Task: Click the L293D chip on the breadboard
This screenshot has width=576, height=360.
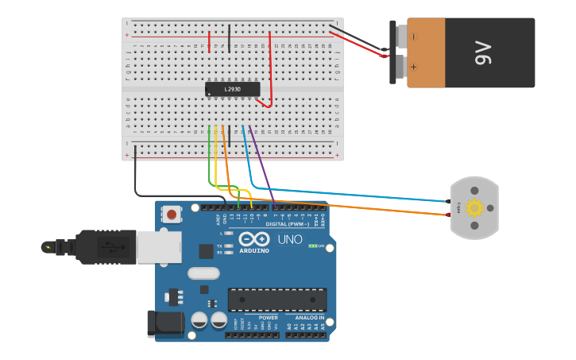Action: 232,89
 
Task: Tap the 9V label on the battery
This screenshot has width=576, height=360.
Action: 484,53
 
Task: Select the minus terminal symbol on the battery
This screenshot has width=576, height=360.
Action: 413,36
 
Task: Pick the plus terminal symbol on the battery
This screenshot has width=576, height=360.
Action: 413,67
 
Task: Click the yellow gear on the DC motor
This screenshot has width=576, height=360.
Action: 474,208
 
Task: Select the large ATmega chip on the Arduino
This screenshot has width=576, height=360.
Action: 277,300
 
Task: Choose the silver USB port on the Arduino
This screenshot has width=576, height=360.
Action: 159,247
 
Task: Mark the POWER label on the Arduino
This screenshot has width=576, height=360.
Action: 268,318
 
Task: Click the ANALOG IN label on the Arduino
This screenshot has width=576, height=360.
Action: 308,318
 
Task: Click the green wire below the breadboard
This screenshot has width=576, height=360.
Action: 209,159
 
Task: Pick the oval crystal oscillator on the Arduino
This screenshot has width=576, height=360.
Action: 203,273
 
